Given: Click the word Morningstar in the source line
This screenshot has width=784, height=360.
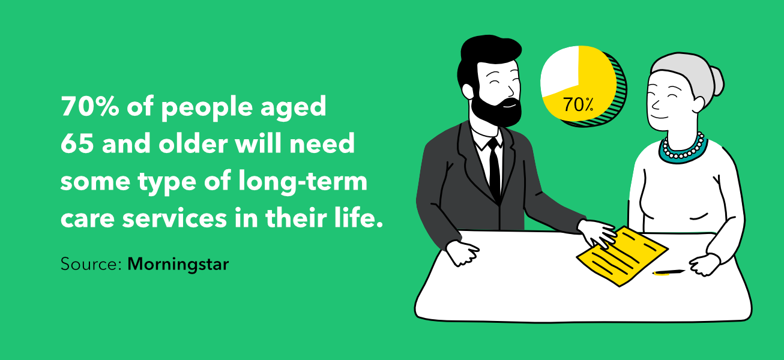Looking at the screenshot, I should [178, 264].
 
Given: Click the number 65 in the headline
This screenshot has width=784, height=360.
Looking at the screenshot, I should [77, 145].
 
